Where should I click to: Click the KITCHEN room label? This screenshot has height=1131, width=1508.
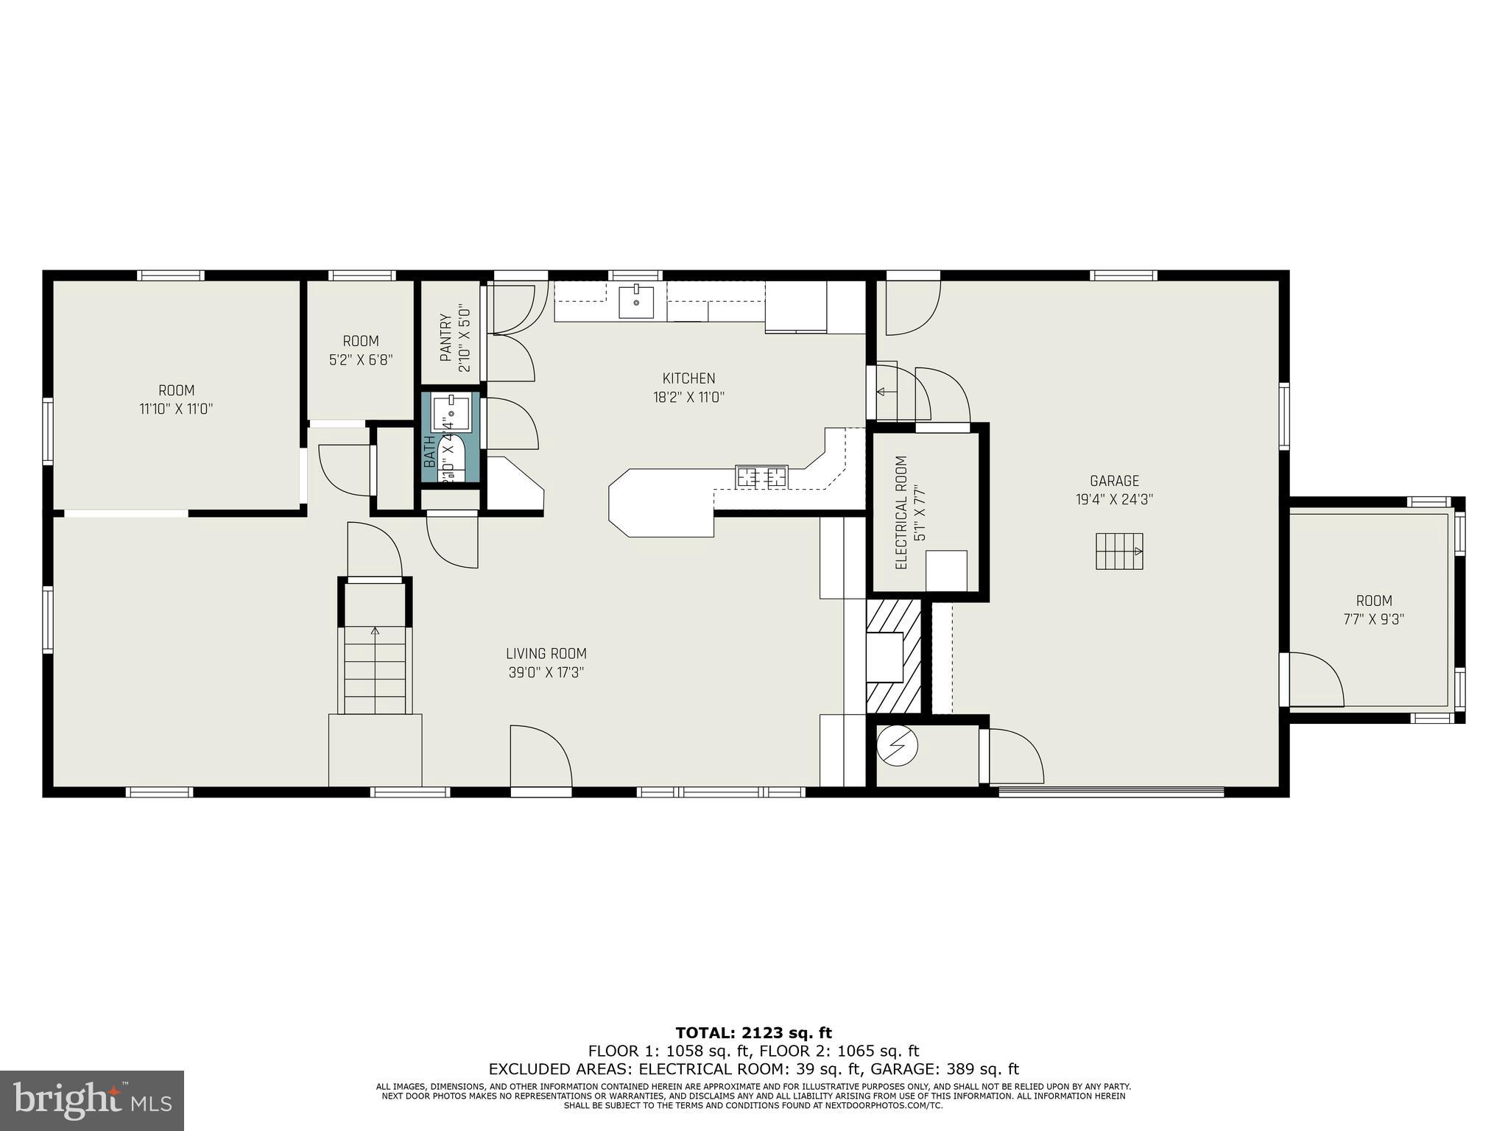coord(688,378)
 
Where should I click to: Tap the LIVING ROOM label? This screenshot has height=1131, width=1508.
coord(546,653)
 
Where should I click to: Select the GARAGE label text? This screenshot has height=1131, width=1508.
coord(1114,481)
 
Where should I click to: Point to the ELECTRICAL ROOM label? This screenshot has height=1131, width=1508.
coord(900,512)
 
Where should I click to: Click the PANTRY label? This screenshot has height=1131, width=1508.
coord(445,338)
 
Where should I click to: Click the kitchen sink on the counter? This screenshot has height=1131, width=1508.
coord(636,302)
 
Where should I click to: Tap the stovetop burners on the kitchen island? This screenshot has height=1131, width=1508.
coord(761,477)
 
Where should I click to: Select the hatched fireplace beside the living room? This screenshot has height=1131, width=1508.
coord(893,656)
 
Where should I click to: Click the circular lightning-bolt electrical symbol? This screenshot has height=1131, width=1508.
coord(898,747)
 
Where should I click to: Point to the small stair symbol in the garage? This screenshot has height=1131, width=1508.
coord(1118,551)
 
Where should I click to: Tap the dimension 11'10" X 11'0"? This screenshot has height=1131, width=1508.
coord(176,409)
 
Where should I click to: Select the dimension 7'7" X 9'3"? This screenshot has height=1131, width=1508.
coord(1373,619)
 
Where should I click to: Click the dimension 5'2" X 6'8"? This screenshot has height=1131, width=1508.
coord(360,360)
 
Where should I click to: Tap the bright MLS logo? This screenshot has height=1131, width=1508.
coord(92,1100)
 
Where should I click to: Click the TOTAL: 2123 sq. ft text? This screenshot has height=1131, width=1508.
coord(753,1033)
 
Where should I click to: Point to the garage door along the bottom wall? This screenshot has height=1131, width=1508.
coord(1110,792)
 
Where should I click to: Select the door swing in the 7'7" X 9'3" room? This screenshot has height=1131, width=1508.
coord(1316,680)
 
